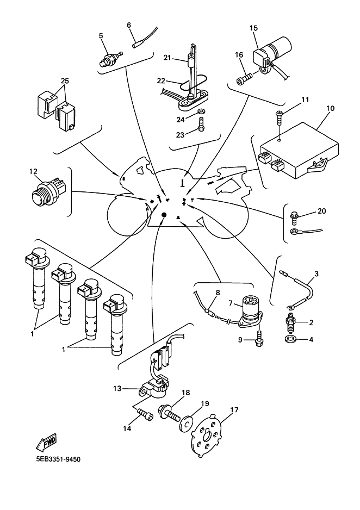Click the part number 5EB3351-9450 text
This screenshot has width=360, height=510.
click(x=58, y=459)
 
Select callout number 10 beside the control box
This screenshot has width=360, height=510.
click(x=330, y=109)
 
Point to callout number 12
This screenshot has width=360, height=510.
click(x=33, y=172)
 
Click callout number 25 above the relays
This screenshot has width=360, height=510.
click(x=65, y=81)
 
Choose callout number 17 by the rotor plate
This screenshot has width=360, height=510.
click(x=234, y=411)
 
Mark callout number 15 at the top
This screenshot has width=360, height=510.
click(x=253, y=28)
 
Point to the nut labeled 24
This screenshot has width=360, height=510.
click(x=201, y=113)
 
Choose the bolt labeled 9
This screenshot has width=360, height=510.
click(x=260, y=338)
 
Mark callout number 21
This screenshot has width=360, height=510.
click(x=167, y=58)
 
